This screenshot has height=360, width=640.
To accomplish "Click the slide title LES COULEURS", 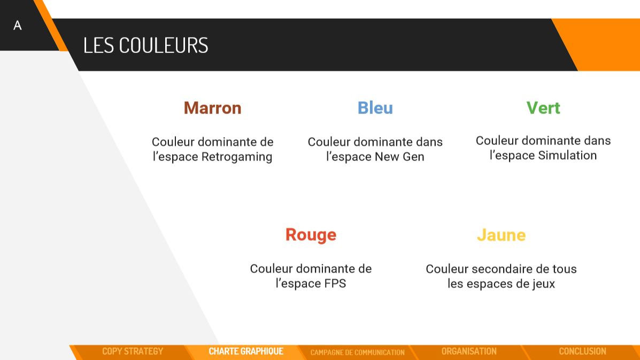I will click(145, 45).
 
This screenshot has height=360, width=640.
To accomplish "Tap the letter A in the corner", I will click(18, 26).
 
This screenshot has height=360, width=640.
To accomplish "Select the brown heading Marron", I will click(212, 108).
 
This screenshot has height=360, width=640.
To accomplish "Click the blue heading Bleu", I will click(375, 108).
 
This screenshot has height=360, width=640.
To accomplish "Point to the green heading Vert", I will click(543, 108).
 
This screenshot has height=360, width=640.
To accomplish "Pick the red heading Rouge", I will click(311, 235).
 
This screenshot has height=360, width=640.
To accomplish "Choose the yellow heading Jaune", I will click(501, 235).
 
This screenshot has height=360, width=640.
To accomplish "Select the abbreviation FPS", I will click(335, 284).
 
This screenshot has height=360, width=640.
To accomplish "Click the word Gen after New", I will click(413, 157).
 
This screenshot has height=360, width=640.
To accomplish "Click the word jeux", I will click(541, 284).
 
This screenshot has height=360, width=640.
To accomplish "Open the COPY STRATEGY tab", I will click(133, 351).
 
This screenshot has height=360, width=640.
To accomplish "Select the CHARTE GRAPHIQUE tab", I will click(246, 351).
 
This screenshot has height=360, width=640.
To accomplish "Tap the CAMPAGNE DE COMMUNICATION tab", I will click(357, 352).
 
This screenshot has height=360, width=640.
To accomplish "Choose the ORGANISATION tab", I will click(469, 351).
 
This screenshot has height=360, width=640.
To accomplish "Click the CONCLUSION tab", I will click(582, 351).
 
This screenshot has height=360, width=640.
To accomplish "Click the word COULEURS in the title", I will click(163, 45).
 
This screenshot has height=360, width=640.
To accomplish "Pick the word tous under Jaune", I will click(564, 269).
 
